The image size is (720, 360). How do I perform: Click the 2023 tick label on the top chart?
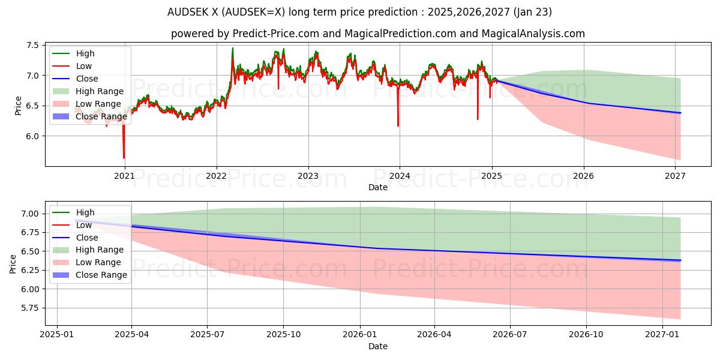[x=308, y=176]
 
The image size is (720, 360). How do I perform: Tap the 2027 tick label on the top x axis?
[x=676, y=176]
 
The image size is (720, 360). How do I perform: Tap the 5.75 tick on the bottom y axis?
[x=29, y=308]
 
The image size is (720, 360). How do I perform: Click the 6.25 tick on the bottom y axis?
[x=29, y=270]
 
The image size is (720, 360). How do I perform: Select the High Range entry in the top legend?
[x=100, y=91]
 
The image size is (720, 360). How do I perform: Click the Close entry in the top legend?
[x=87, y=79]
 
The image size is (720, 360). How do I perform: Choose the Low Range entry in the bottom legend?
[x=98, y=262]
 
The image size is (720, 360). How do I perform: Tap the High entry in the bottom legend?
[x=85, y=212]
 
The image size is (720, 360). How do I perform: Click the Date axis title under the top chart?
[x=378, y=187]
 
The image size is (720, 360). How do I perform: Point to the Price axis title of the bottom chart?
[x=13, y=263]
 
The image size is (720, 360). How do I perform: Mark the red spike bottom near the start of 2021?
[x=124, y=158]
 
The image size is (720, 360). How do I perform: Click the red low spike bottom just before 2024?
[x=398, y=126]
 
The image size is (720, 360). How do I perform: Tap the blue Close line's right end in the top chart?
[x=680, y=113]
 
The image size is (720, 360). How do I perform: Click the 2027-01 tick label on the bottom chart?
[x=662, y=335]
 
